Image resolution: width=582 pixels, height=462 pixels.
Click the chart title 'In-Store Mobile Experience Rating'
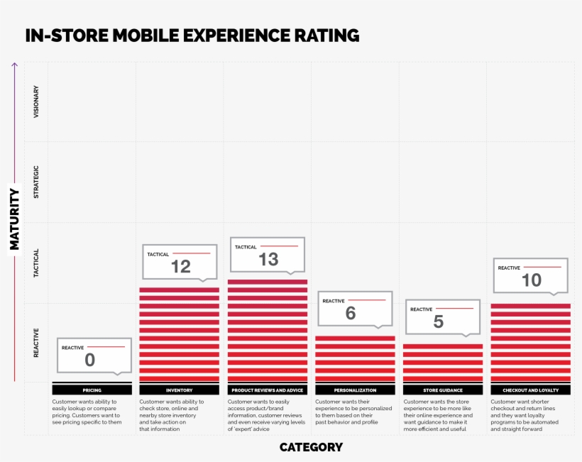192,35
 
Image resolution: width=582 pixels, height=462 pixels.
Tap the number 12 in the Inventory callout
180,266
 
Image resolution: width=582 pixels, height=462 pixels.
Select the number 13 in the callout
268,259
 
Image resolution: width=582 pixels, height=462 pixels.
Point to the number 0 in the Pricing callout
89,360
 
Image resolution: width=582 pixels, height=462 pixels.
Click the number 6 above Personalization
351,313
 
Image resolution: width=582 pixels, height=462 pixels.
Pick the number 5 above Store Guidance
438,321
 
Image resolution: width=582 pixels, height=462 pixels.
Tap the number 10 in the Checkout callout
532,280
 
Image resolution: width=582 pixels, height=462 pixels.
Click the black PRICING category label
92,390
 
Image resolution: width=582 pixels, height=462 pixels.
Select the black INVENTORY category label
179,390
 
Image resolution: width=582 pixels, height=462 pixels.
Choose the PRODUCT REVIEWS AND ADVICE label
267,390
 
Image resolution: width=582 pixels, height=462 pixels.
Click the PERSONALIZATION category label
355,390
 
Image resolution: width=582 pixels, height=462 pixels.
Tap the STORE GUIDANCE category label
443,390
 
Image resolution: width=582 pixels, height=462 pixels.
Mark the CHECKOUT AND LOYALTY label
530,390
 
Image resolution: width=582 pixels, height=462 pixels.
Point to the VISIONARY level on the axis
36,101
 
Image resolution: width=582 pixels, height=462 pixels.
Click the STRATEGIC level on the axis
36,182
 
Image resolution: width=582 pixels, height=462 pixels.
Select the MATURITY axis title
14,219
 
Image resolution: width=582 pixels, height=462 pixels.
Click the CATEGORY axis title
311,447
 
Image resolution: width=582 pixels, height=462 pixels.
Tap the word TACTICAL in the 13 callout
246,247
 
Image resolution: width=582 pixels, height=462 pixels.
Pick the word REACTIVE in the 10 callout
509,268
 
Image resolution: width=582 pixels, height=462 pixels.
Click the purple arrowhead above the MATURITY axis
14,65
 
